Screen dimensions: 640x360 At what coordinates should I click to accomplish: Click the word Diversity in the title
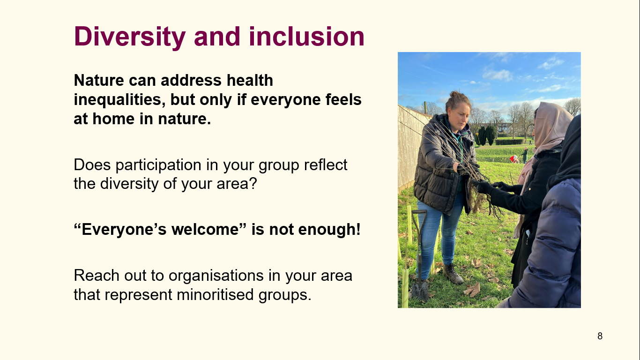(x=130, y=37)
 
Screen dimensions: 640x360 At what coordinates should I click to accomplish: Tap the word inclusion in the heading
(x=306, y=36)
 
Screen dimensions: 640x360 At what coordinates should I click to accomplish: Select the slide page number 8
(x=600, y=336)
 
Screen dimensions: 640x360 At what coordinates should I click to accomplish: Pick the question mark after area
(x=253, y=183)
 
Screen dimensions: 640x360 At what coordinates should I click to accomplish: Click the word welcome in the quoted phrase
(x=205, y=229)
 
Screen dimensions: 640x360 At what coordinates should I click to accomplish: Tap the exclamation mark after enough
(x=358, y=229)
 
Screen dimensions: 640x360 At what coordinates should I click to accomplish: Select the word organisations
(x=216, y=276)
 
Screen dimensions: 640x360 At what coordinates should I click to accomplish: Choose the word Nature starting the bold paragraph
(x=99, y=80)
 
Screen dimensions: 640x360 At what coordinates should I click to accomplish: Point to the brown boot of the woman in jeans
(x=453, y=274)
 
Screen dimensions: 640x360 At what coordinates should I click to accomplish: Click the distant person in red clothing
(x=514, y=159)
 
